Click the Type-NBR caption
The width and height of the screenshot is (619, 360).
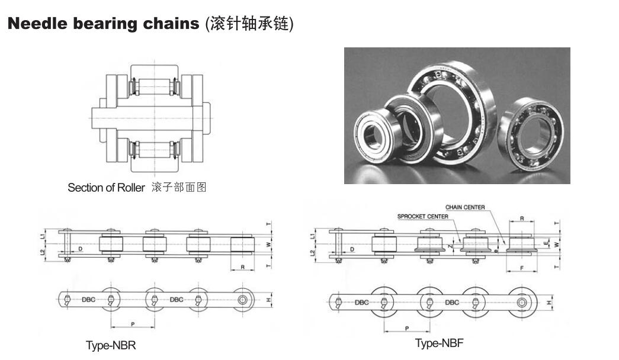111,345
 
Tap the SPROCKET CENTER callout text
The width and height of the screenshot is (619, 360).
422,217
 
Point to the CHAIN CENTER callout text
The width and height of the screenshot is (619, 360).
465,207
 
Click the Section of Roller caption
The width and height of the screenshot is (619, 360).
106,188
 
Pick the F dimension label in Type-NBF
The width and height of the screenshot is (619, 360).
520,268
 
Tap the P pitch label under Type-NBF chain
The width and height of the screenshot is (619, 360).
406,327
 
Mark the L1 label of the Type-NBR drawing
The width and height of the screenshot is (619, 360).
42,235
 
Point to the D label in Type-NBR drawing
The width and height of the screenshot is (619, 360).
81,249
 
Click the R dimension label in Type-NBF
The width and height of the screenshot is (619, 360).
521,219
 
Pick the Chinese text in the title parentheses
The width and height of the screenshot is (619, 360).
249,24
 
